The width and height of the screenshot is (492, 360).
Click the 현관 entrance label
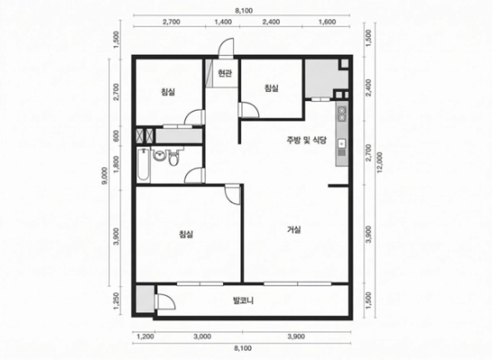225,74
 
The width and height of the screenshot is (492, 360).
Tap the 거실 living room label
294,229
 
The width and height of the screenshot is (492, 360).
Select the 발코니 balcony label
243,301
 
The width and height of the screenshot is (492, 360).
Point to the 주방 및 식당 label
306,140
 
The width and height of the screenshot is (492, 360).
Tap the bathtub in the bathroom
144,165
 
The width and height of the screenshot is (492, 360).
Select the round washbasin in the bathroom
160,156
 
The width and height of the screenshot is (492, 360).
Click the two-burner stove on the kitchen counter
342,113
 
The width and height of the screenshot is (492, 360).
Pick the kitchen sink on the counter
342,144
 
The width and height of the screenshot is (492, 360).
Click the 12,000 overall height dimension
380,163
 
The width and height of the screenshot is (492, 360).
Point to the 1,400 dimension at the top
223,22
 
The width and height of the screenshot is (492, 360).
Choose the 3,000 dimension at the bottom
202,337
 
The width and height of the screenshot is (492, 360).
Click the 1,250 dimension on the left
116,301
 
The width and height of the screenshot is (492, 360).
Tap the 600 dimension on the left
116,136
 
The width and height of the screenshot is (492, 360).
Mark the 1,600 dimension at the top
327,22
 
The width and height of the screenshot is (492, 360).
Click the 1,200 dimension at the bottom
146,337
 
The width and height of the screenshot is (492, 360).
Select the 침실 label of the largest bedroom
186,234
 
